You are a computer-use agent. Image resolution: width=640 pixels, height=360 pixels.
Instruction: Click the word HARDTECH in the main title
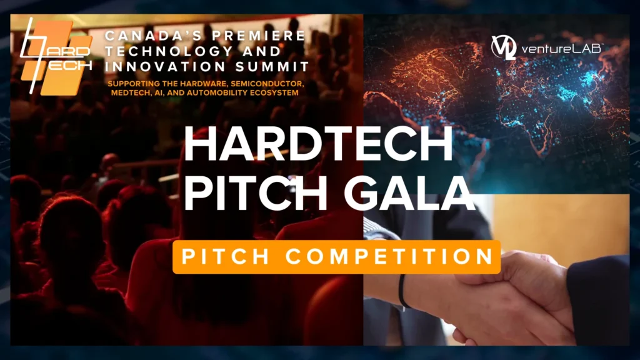pyautogui.click(x=318, y=146)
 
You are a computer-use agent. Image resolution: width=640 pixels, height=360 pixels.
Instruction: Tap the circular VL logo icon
pyautogui.click(x=504, y=47)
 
